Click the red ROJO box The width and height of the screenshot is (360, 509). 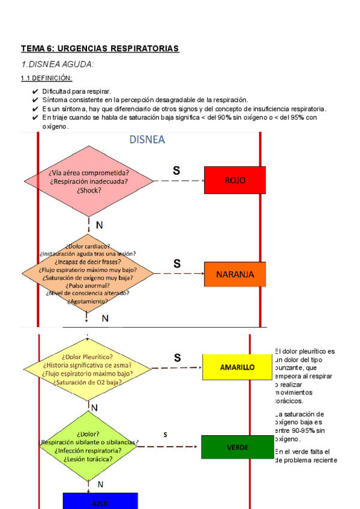(235, 180)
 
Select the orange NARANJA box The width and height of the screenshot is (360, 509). (235, 275)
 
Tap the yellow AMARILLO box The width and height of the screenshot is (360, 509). (237, 367)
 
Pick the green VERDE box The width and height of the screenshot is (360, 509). (237, 447)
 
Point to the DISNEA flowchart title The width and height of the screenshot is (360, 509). (148, 140)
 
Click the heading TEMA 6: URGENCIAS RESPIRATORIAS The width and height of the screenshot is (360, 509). (100, 48)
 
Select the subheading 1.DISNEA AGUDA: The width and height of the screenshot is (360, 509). (58, 64)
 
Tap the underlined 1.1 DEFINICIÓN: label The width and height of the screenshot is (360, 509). (46, 78)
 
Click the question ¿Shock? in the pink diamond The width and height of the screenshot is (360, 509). (89, 190)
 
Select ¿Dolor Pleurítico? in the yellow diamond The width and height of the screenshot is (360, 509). (88, 357)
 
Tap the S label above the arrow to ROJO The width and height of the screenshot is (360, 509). (176, 170)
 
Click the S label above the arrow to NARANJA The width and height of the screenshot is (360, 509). (177, 264)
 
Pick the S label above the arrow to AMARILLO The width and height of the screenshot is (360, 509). (177, 358)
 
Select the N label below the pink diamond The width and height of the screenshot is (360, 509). (99, 225)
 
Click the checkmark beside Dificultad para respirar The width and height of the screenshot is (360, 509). (35, 91)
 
